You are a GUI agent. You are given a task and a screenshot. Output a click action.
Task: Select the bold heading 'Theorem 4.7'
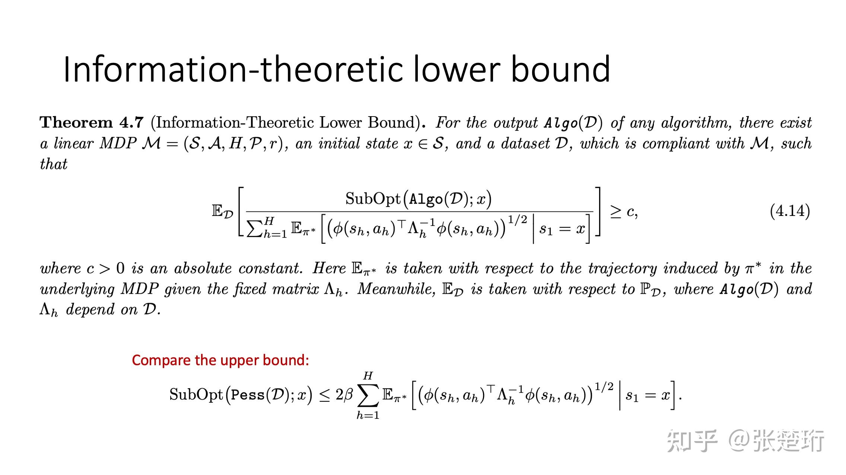tap(92, 122)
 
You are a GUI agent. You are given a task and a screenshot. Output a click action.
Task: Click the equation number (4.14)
tap(790, 211)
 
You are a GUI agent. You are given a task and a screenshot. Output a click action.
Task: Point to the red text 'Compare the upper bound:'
tap(220, 360)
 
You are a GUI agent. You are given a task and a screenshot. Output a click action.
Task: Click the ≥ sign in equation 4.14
tap(616, 211)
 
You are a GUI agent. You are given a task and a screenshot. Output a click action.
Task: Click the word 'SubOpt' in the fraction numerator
tap(373, 199)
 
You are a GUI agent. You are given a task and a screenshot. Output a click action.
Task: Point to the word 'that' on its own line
tap(54, 164)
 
